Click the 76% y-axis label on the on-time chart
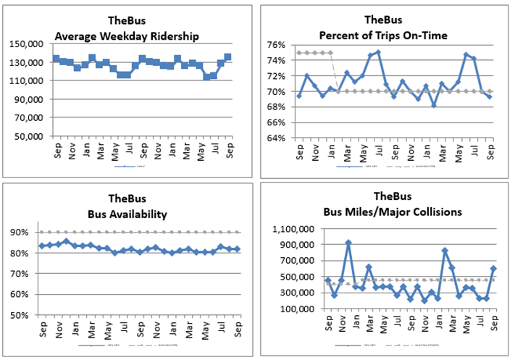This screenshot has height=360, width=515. point(278,45)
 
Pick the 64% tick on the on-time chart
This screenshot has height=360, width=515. point(278,138)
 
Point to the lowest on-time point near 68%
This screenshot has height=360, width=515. point(434,104)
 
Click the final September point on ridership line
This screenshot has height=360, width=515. point(228,56)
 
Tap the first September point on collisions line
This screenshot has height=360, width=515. point(327,280)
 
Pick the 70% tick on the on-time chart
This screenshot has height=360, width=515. point(278,91)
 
